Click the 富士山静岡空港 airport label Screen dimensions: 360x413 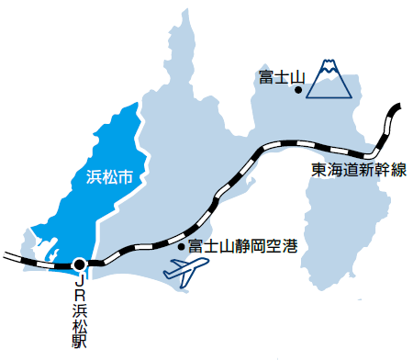tap(241, 246)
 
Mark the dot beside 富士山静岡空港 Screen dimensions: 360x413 tap(181, 246)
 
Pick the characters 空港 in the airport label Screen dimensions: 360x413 tap(281, 246)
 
